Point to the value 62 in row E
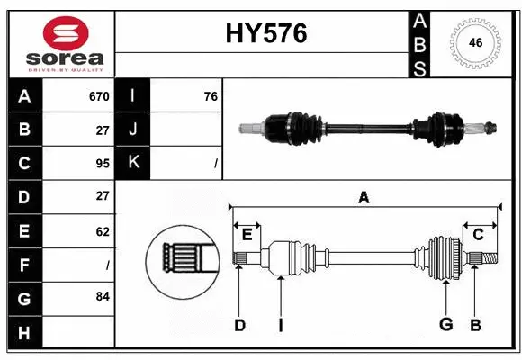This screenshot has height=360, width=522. click(x=103, y=231)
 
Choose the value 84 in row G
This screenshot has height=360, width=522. click(x=103, y=297)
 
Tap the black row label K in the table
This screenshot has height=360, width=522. click(x=133, y=163)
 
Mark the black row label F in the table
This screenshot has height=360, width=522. click(x=24, y=265)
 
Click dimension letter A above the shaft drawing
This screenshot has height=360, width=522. click(x=364, y=197)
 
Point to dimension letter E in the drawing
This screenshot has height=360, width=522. click(x=247, y=235)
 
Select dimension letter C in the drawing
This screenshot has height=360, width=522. click(x=478, y=235)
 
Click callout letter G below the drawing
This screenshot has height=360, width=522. click(x=445, y=325)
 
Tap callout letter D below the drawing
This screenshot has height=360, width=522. click(x=239, y=325)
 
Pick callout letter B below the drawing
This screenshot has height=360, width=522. click(x=475, y=325)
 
